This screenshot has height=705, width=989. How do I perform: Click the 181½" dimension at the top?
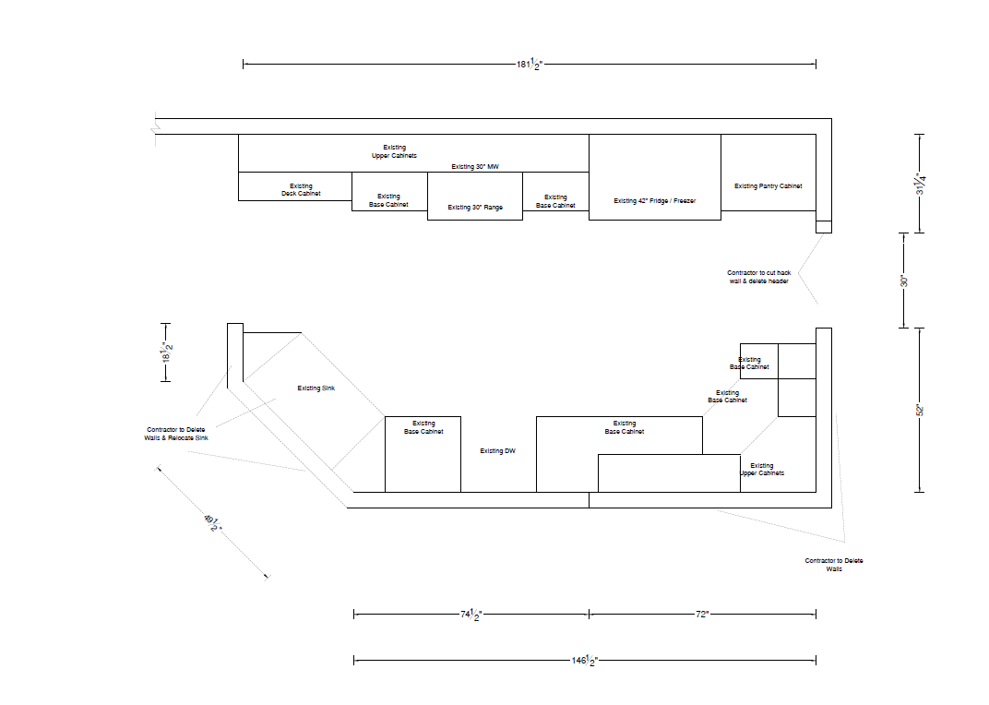point(530,64)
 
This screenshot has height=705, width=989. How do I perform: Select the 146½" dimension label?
point(584,660)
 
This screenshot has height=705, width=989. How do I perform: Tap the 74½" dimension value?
point(471,615)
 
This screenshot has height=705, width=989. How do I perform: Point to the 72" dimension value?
point(702,615)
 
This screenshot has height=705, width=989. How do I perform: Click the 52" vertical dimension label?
point(920,410)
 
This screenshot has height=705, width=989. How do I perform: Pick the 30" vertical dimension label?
point(904,281)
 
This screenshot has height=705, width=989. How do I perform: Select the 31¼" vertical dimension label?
point(921,184)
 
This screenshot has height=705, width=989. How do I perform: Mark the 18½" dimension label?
point(166,352)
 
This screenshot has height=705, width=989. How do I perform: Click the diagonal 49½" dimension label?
point(213,522)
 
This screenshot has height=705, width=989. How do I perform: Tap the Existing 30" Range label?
point(475,207)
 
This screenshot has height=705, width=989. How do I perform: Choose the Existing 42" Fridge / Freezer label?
point(655,201)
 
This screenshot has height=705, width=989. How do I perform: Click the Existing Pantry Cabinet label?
point(769,186)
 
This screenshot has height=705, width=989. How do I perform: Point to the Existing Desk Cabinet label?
point(301,189)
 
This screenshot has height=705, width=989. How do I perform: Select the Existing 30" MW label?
point(475,167)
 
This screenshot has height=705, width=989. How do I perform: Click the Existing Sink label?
point(316,388)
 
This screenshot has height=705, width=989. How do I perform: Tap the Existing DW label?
point(497,450)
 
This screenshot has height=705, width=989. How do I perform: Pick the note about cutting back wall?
point(758,277)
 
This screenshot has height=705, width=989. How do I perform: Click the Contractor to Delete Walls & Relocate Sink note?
point(176,434)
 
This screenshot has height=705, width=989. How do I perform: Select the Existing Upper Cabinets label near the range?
point(394,151)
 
